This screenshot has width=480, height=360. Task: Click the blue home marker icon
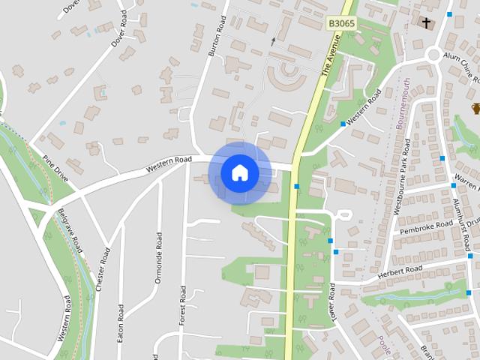click(x=239, y=173)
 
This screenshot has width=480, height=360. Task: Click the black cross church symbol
click(x=427, y=23)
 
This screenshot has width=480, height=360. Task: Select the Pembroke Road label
click(x=425, y=227)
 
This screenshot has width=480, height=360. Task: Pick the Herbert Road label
click(x=402, y=271)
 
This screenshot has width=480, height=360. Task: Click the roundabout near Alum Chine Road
click(x=433, y=54)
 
